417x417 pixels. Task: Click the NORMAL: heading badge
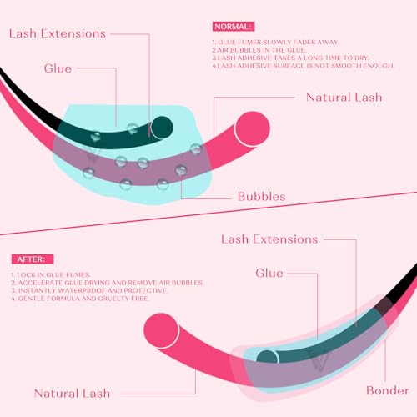(x=234, y=27)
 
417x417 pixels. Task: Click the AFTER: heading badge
(x=33, y=259)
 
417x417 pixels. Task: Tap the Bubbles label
(x=261, y=197)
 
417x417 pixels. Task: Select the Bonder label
(x=388, y=390)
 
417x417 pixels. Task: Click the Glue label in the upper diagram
(x=58, y=68)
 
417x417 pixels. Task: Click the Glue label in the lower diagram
(x=269, y=273)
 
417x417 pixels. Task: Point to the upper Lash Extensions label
(x=58, y=33)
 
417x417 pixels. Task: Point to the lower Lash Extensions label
(x=269, y=239)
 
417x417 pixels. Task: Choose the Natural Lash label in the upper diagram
(x=344, y=98)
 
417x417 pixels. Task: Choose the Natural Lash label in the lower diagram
(x=73, y=394)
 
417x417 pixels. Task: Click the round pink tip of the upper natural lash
(x=252, y=128)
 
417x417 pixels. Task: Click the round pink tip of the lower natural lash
(x=162, y=330)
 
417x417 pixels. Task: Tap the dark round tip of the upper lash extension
(x=162, y=128)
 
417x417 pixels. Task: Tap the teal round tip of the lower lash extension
(x=267, y=357)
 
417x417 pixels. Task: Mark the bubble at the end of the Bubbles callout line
(x=181, y=170)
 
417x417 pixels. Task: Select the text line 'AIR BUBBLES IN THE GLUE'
(x=259, y=50)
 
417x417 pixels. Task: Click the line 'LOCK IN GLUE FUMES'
(x=51, y=274)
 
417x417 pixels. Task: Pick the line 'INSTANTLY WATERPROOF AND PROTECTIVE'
(x=89, y=290)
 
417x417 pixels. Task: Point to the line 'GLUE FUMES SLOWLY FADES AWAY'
(x=275, y=43)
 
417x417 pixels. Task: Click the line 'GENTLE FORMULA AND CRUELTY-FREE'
(x=79, y=299)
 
